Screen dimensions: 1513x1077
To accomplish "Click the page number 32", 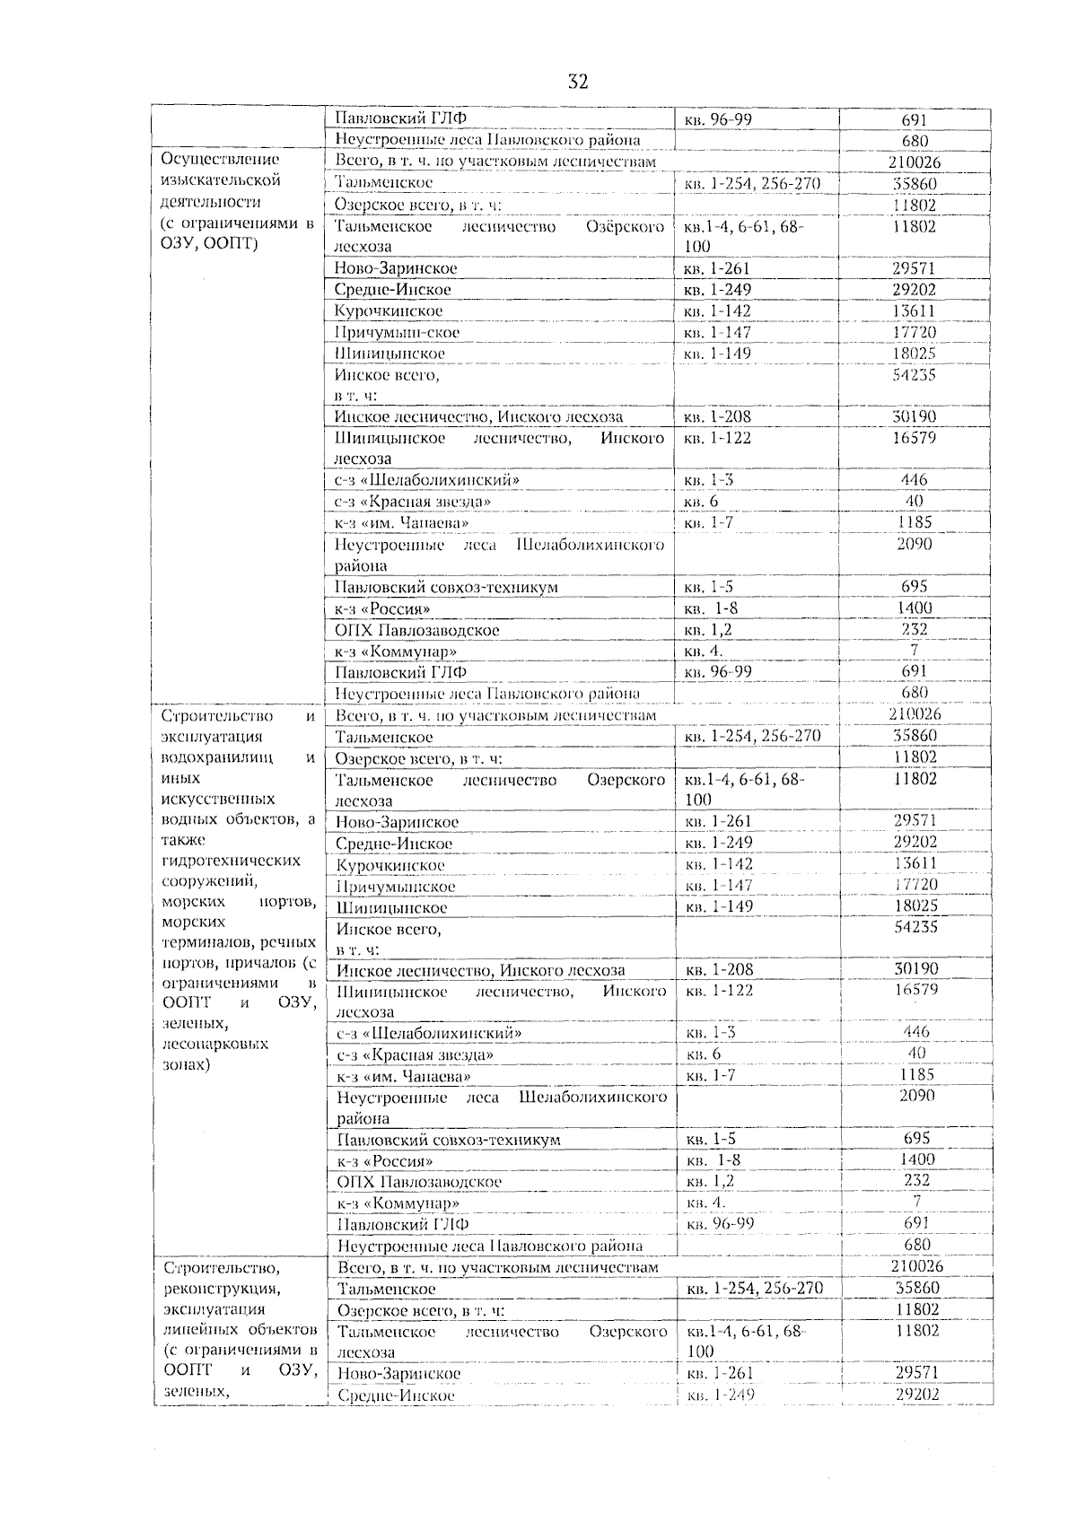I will pos(578,83).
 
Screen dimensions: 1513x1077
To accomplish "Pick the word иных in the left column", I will pos(179,778).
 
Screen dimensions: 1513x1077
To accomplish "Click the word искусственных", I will pos(217,799).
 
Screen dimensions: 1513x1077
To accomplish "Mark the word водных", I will pos(188,819).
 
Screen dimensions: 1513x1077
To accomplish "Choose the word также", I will pos(184,840).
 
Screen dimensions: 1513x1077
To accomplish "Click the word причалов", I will pos(250,963).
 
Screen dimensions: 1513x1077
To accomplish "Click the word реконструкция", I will pos(220,1289).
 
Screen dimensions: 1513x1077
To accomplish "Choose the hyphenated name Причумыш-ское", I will pos(397,332).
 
